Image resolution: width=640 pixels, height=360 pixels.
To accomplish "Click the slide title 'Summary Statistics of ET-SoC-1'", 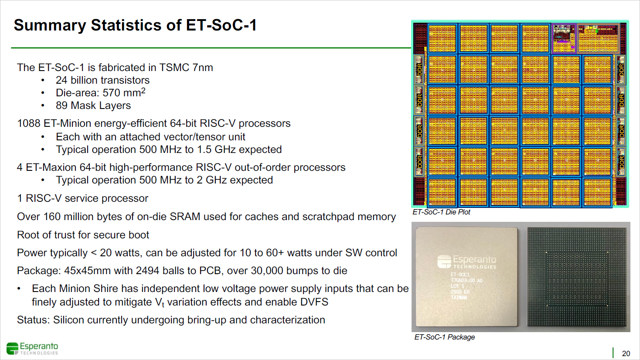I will pos(135,25).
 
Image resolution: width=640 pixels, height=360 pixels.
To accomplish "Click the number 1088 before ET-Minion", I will pos(29,123).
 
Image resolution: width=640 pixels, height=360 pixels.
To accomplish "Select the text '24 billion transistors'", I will pos(102,80).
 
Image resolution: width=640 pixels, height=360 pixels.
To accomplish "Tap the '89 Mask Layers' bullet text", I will pos(93,105).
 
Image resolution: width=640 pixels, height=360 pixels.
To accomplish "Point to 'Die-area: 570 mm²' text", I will pos(100,93).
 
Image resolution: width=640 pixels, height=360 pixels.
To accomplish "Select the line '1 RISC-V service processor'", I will pos(82,198).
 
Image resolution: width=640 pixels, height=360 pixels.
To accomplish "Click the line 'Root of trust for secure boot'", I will pos(83,235).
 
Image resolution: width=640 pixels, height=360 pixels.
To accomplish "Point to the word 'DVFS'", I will pos(314,302).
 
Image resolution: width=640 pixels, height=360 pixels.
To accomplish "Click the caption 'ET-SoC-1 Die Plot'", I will pos(441,212).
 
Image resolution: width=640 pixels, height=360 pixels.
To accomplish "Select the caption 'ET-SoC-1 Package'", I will pos(444,337).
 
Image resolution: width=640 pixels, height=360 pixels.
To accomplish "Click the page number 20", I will pos(626,353).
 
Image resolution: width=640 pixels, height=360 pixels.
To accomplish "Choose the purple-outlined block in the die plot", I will pos(564,38).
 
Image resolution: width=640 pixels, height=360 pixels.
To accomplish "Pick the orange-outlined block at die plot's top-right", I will pos(598,38).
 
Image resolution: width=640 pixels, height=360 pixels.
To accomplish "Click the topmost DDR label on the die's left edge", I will pos(419,69).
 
